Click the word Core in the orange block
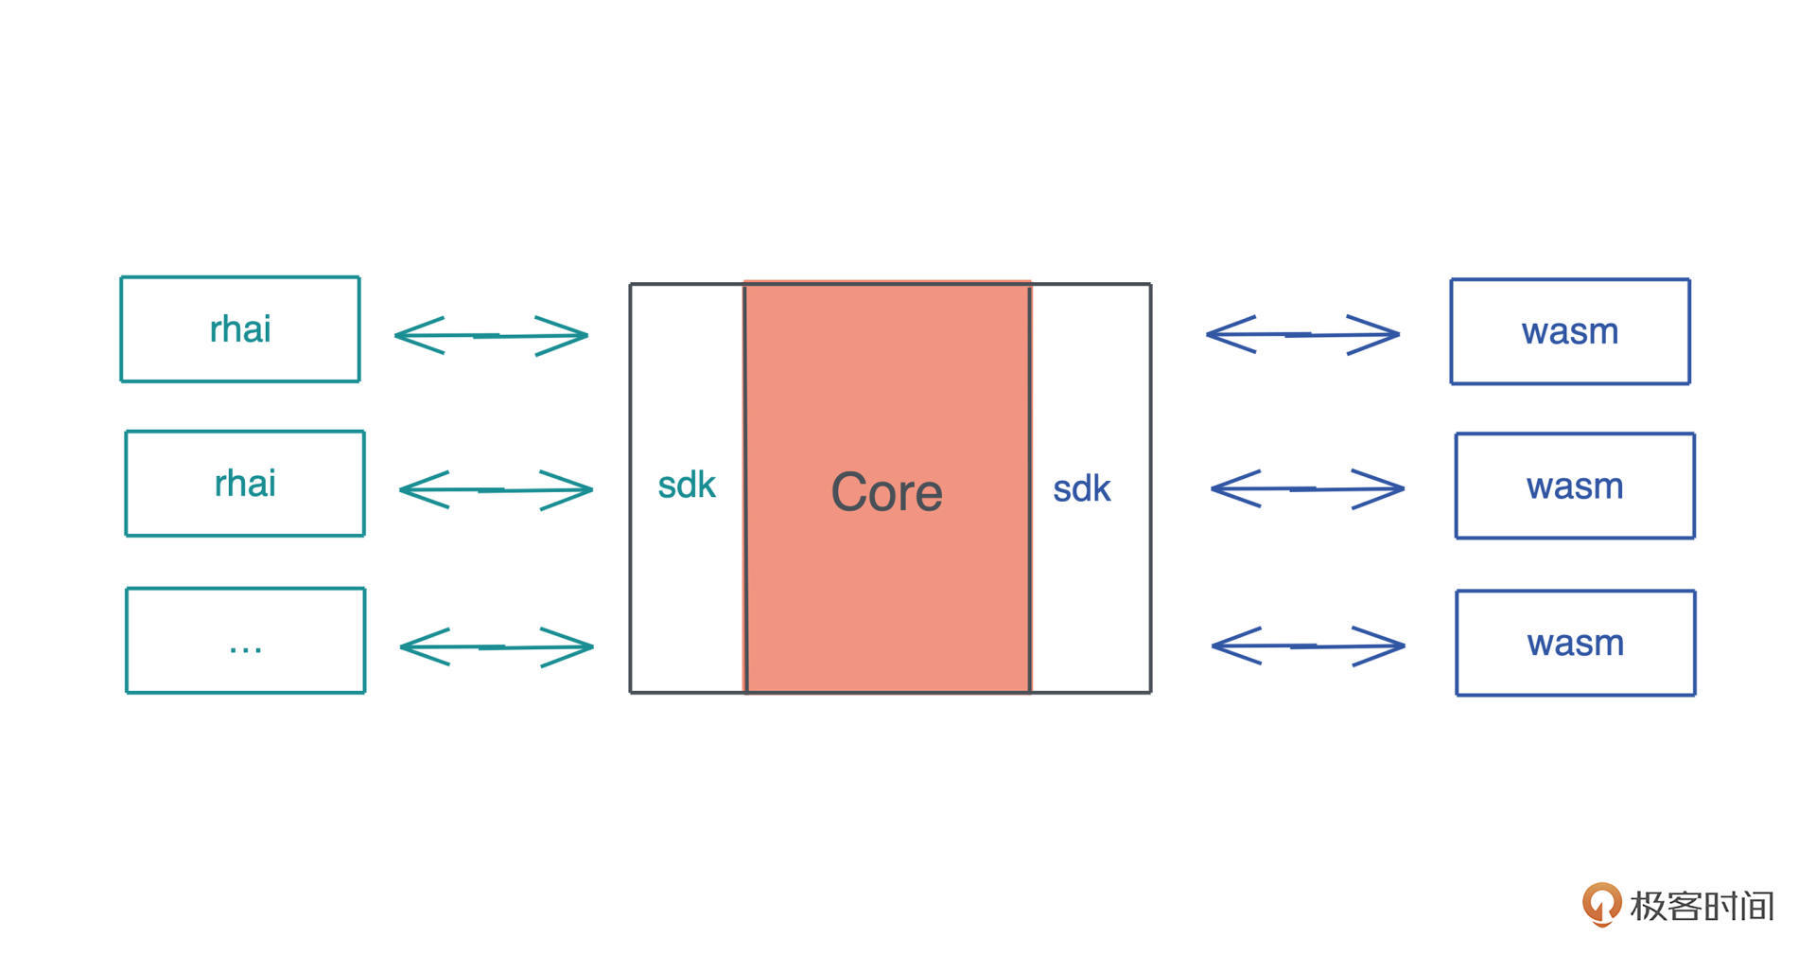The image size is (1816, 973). pos(886,492)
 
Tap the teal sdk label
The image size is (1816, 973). pos(687,486)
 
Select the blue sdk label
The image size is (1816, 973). pos(1081,489)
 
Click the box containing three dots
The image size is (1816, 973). pos(245,641)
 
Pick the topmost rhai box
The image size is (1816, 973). pos(240,329)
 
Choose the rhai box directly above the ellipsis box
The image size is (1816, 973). pos(245,484)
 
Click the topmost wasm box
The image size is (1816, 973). pos(1570,331)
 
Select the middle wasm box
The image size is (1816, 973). pos(1575,486)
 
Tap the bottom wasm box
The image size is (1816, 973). pos(1576,644)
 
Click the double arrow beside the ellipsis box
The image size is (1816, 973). pos(497,647)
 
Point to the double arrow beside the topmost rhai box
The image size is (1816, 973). pos(491,335)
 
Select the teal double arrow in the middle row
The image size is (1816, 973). pos(496,490)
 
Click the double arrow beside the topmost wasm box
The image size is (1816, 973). pos(1302,334)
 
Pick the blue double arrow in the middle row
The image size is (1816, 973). pos(1307,489)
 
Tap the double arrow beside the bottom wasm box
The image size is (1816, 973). pos(1308,646)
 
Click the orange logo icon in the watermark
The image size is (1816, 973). pos(1600,904)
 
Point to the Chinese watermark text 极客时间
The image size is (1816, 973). pos(1702,906)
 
